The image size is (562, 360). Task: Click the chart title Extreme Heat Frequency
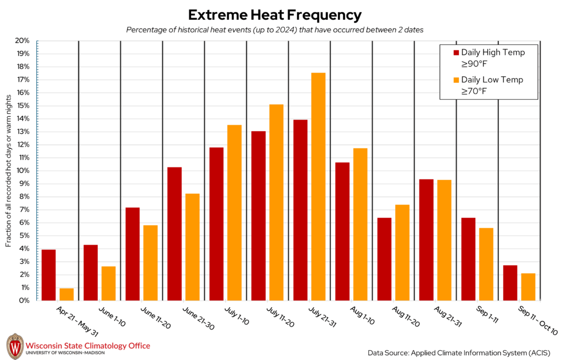tap(275, 15)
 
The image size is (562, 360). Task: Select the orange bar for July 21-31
tap(318, 187)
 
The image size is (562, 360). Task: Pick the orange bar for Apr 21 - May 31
tap(66, 294)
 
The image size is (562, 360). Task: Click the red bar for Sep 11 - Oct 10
tap(510, 283)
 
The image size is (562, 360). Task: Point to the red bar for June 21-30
tap(175, 234)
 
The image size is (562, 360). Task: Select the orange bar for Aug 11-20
tap(402, 252)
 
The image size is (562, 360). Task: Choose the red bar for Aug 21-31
tap(426, 240)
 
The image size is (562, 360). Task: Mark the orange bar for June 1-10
tap(109, 283)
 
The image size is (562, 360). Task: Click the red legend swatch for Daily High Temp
tap(456, 53)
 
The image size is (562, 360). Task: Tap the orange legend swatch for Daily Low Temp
tap(456, 80)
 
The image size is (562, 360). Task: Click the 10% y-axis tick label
tap(23, 171)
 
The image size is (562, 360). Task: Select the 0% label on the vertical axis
tap(24, 301)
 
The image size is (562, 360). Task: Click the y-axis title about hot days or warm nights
tap(9, 171)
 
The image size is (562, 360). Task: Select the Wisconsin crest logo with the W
tap(14, 346)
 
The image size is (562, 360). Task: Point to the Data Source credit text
tap(459, 352)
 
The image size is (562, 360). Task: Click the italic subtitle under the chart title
tap(275, 30)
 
